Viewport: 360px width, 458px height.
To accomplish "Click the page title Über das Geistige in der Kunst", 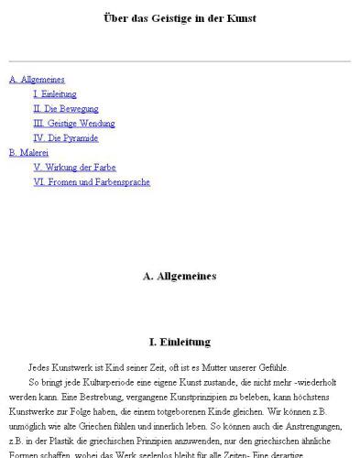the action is pyautogui.click(x=180, y=18).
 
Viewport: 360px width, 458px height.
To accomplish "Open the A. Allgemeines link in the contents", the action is pyautogui.click(x=37, y=80).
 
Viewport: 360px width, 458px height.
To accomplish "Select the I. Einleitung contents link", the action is pyautogui.click(x=55, y=94).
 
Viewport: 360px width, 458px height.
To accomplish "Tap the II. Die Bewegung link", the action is pyautogui.click(x=59, y=109).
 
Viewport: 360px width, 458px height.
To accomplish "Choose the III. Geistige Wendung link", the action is pyautogui.click(x=73, y=124).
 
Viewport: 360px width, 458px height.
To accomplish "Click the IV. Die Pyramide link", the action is pyautogui.click(x=65, y=138).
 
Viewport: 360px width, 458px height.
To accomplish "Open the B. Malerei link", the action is pyautogui.click(x=28, y=153).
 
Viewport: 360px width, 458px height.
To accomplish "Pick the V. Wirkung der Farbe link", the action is pyautogui.click(x=74, y=168).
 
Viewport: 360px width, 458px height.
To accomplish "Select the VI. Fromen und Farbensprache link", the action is pyautogui.click(x=92, y=182).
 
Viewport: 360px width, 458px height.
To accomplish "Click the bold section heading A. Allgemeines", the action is pyautogui.click(x=180, y=275).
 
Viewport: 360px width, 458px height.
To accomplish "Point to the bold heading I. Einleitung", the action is pyautogui.click(x=180, y=343).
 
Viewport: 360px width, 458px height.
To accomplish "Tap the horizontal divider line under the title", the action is pyautogui.click(x=180, y=62).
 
